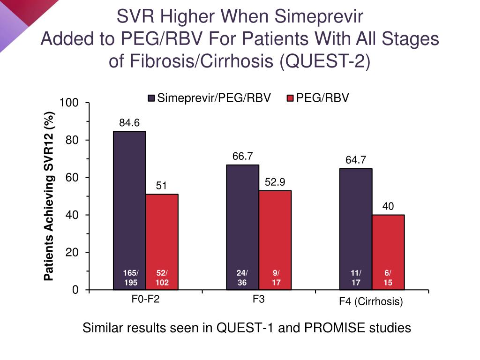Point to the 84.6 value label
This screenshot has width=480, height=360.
129,123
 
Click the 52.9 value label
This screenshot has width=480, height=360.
275,182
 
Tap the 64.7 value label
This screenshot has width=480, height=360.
356,160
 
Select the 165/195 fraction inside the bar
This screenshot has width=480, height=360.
130,278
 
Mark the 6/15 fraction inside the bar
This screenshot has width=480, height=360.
388,278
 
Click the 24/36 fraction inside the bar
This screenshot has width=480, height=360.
242,278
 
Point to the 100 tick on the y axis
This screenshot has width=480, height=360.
68,103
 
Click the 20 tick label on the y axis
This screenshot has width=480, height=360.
72,253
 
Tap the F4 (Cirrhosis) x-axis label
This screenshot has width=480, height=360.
371,302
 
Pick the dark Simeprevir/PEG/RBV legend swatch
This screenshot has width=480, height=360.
151,98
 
